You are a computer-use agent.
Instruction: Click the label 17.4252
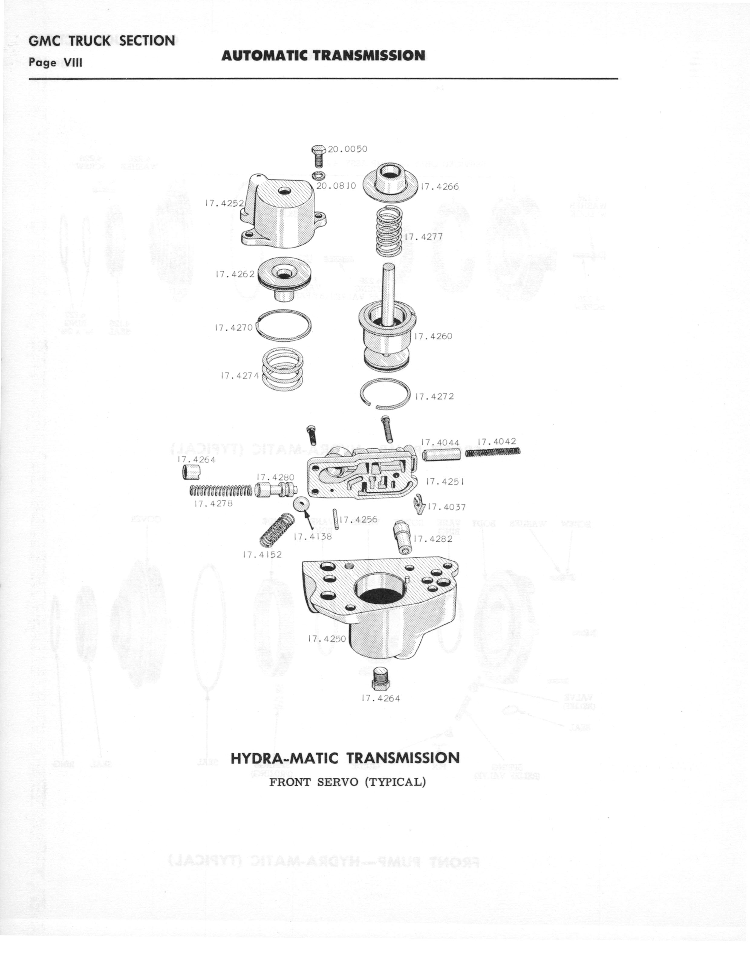click(224, 203)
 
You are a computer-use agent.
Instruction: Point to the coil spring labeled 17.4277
click(389, 232)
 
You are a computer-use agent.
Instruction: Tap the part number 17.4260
click(433, 336)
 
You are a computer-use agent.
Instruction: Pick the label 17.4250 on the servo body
click(327, 639)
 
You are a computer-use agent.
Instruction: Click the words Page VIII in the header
click(55, 63)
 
